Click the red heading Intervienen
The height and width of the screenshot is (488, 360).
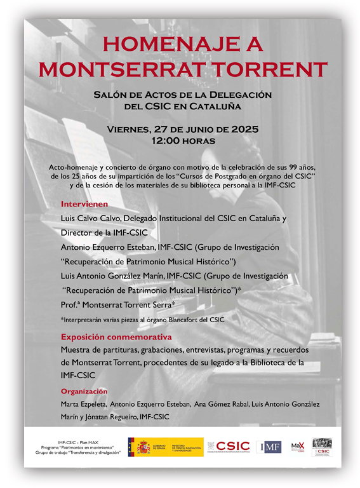[x=84, y=205]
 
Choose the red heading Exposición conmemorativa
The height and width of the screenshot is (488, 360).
[x=116, y=337]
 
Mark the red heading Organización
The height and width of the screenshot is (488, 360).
[x=84, y=391]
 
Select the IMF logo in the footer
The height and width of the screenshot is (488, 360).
[x=270, y=447]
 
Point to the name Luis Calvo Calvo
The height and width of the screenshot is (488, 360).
[x=88, y=218]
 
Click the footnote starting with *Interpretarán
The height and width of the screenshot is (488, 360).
[x=142, y=320]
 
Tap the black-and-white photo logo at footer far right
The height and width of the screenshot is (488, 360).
[x=322, y=447]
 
